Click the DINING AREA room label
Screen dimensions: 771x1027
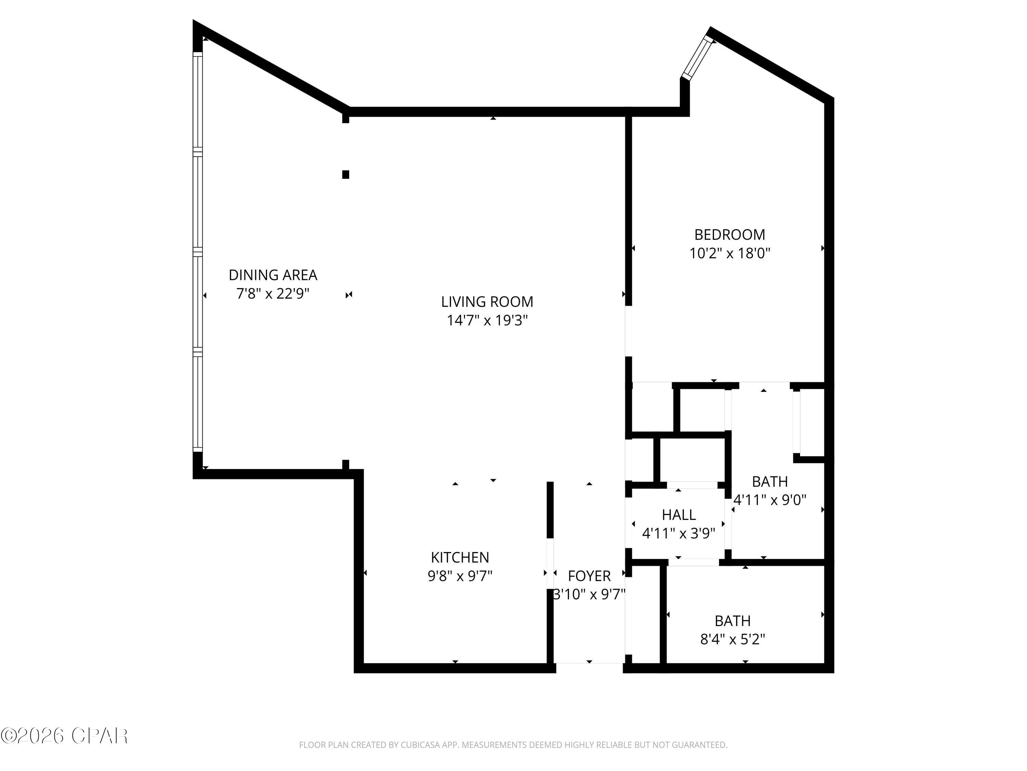(x=273, y=275)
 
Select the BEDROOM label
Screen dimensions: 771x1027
(x=730, y=235)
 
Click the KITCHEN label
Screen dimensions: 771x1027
(x=460, y=557)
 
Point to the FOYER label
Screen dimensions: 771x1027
(x=589, y=576)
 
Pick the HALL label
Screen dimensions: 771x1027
(x=678, y=515)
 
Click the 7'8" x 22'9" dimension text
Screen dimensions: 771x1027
(x=273, y=294)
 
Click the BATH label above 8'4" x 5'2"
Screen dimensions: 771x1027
(x=732, y=621)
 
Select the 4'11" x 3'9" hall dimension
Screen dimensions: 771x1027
(x=678, y=534)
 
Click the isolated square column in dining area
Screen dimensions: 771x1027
(x=345, y=175)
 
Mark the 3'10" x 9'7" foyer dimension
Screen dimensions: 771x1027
(x=589, y=595)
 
